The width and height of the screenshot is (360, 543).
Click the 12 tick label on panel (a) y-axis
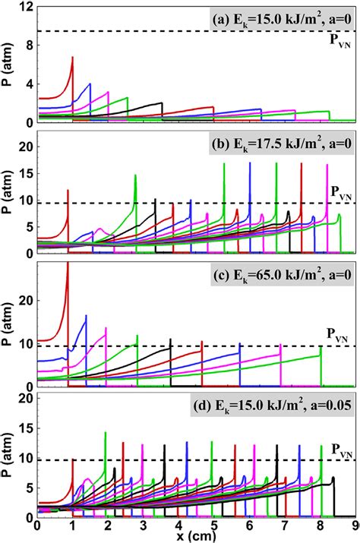(26, 7)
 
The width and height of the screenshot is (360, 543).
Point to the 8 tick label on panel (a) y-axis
(29, 46)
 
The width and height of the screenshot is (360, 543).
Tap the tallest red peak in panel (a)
(72, 58)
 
